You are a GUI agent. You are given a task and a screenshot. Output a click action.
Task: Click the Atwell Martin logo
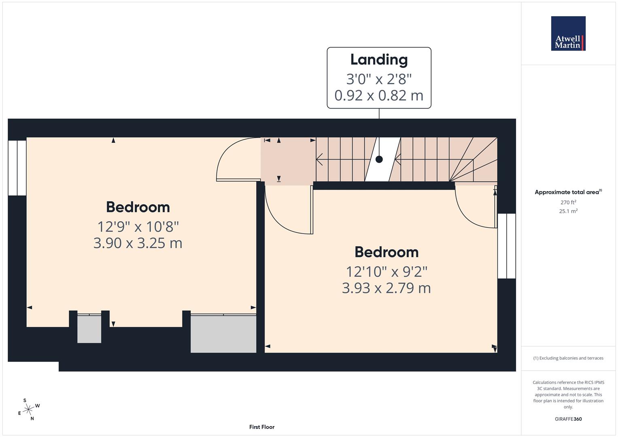click(568, 34)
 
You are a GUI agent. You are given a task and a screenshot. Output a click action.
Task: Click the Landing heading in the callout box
click(379, 59)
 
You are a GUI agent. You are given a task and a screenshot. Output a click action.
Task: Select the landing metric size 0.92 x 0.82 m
click(379, 95)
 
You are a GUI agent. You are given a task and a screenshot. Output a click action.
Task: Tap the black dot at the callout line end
click(379, 159)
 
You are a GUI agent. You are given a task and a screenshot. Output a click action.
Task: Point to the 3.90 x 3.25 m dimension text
click(138, 243)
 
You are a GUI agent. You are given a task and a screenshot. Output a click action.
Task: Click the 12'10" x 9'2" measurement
click(387, 272)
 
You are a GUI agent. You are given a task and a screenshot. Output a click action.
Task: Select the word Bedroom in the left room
click(138, 207)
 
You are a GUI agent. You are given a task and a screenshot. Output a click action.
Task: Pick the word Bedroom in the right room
click(387, 252)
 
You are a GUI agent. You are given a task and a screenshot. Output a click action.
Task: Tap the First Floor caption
click(261, 427)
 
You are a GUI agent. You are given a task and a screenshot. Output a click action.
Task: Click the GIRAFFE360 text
click(568, 419)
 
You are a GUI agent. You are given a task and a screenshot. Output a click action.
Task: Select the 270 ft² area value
click(568, 202)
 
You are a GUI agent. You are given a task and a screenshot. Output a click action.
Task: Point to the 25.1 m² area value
click(568, 211)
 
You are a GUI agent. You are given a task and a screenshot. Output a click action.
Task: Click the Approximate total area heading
click(568, 192)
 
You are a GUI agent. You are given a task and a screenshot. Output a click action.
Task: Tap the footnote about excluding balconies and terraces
click(568, 358)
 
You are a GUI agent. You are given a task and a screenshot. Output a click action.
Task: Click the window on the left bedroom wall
click(17, 168)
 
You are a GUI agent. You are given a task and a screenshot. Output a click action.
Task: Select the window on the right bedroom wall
click(506, 246)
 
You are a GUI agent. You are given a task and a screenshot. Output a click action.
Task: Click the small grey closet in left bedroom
click(89, 329)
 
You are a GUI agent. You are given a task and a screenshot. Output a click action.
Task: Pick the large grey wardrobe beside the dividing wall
click(223, 333)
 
